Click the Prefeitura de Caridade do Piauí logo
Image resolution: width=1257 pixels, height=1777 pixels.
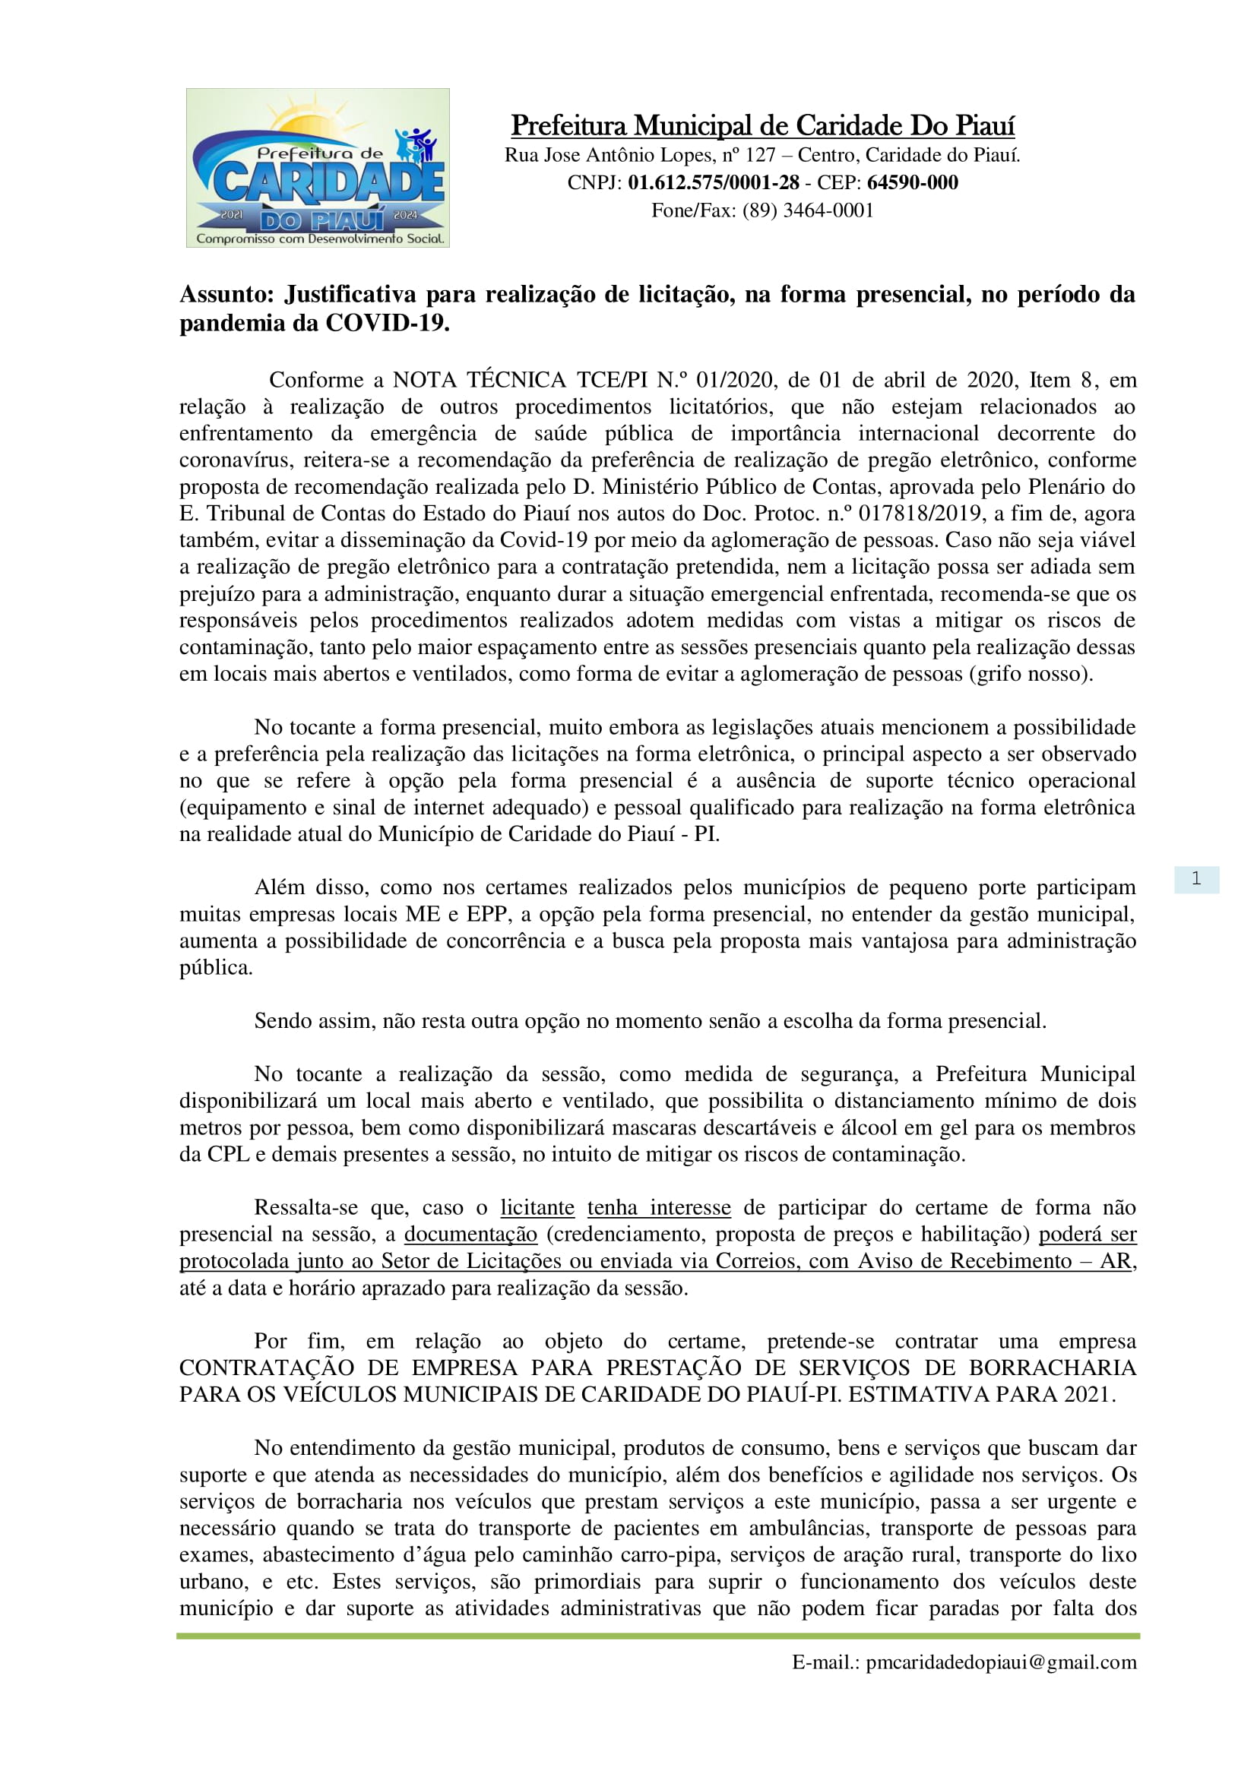tap(318, 168)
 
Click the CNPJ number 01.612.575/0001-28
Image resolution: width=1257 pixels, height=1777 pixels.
tap(713, 182)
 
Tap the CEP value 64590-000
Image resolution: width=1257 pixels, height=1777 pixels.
tap(913, 182)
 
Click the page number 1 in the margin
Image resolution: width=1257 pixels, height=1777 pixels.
tap(1196, 878)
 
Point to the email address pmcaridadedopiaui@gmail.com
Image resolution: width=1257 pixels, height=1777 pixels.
tap(1002, 1662)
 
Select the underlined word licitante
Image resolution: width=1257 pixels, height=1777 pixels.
tap(537, 1207)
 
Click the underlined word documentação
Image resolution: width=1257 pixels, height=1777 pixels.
tap(470, 1234)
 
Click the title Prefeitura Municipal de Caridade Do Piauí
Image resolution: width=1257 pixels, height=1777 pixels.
tap(762, 125)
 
